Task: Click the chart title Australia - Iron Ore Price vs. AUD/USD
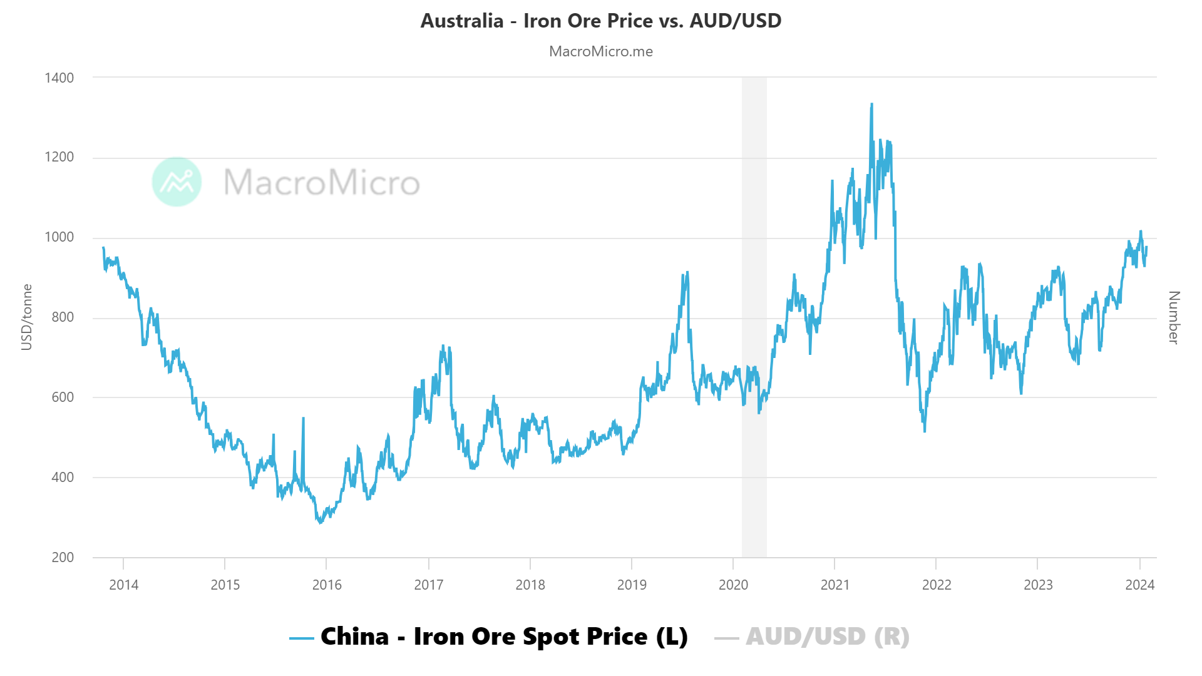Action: [600, 21]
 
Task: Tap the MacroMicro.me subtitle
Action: [600, 51]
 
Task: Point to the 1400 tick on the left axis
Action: [59, 78]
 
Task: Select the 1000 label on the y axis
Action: [59, 237]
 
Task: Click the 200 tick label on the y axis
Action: [63, 557]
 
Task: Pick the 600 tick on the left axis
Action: [63, 397]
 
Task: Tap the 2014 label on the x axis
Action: [123, 585]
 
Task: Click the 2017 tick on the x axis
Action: [428, 585]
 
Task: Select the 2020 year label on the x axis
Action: [733, 585]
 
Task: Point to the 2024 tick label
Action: [1139, 585]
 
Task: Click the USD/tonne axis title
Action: [26, 317]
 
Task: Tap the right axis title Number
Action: [1174, 317]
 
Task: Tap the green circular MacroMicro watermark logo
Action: [177, 182]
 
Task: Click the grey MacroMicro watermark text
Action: [321, 182]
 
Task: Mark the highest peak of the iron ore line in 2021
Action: [871, 105]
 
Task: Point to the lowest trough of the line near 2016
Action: [320, 522]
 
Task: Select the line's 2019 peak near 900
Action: [687, 272]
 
